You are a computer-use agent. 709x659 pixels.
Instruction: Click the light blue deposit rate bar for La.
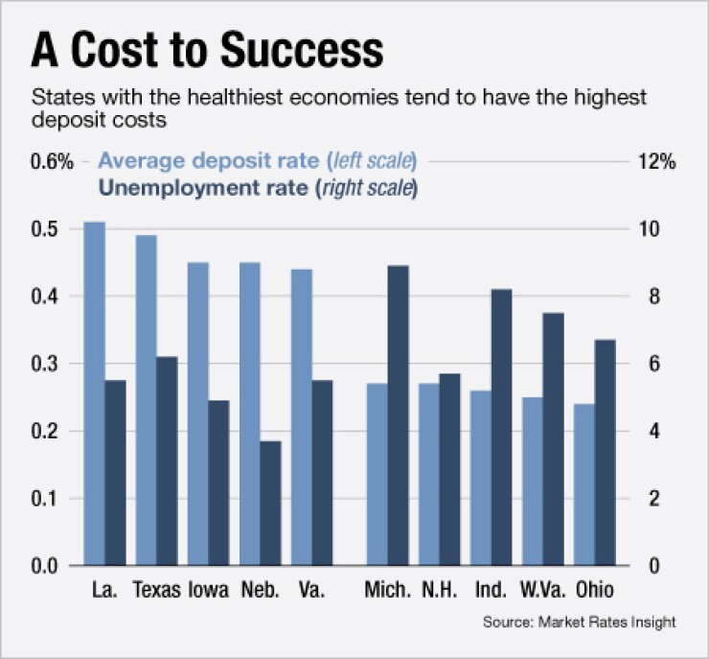point(94,393)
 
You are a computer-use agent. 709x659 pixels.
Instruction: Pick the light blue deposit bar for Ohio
point(585,484)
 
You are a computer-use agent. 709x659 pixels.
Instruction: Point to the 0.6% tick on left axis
point(52,162)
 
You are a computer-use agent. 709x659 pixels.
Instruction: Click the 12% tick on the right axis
point(656,162)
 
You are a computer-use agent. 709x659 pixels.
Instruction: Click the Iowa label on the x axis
point(208,589)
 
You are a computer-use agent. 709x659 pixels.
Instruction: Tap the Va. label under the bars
point(311,589)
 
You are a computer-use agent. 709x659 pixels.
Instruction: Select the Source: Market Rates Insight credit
point(580,623)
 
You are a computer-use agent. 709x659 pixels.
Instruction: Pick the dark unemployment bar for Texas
point(167,460)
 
